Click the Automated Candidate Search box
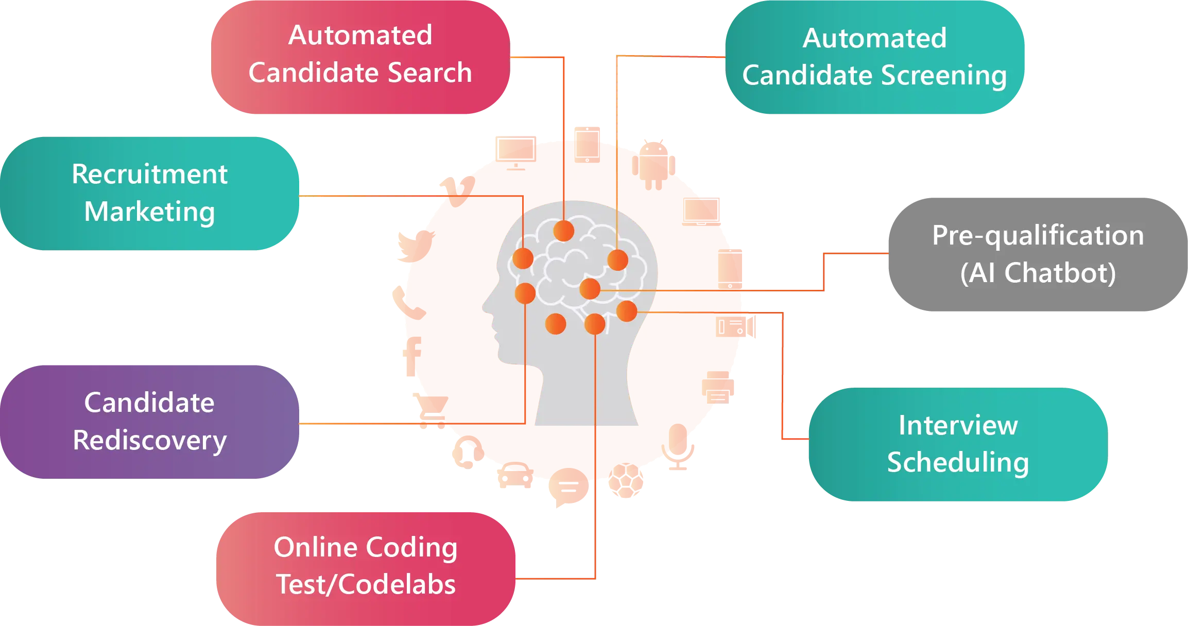[360, 57]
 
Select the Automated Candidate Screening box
[874, 57]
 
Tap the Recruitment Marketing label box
[149, 194]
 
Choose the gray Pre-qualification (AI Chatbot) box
[1038, 254]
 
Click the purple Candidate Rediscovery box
[149, 422]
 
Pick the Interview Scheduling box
[958, 444]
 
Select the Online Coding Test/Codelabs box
[366, 569]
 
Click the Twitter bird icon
[416, 246]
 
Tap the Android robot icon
[653, 165]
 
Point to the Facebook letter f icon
[412, 357]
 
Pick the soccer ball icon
[626, 480]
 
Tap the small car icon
[515, 475]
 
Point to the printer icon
[718, 387]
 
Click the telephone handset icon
[409, 303]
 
